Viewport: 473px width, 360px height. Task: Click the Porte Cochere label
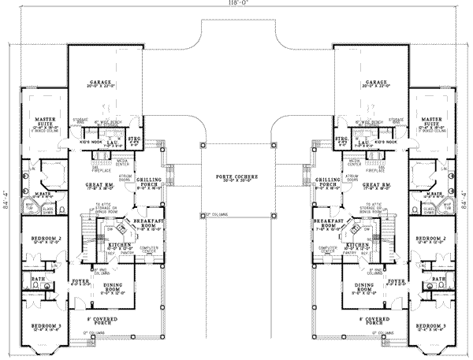236,178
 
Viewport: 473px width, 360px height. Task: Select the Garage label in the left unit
100,83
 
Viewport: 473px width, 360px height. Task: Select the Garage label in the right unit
374,83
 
